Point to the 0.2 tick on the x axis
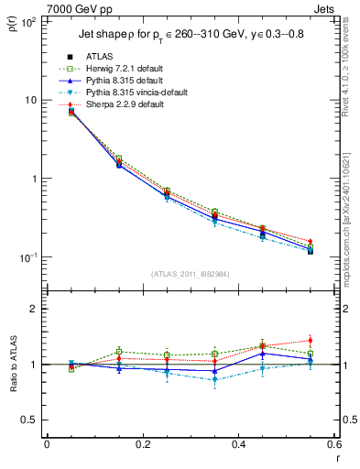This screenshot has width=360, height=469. (x=142, y=446)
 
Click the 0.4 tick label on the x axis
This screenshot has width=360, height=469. (x=238, y=446)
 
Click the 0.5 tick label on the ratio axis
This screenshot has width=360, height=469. (x=30, y=420)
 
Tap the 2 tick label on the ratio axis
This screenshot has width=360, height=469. (x=34, y=309)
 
